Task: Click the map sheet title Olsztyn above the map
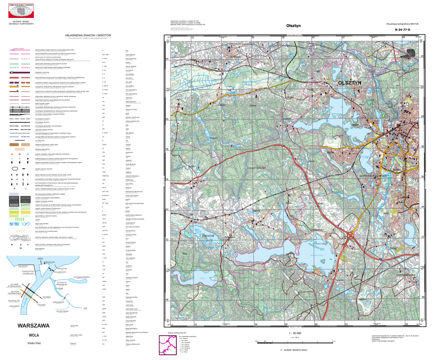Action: (293, 26)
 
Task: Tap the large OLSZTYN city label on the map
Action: (349, 83)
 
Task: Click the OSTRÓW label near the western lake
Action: (209, 236)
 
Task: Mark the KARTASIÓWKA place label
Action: (406, 275)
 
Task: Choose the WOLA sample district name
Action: (34, 335)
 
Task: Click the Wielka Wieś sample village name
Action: (34, 343)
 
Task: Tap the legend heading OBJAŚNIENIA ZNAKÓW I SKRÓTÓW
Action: (90, 35)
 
